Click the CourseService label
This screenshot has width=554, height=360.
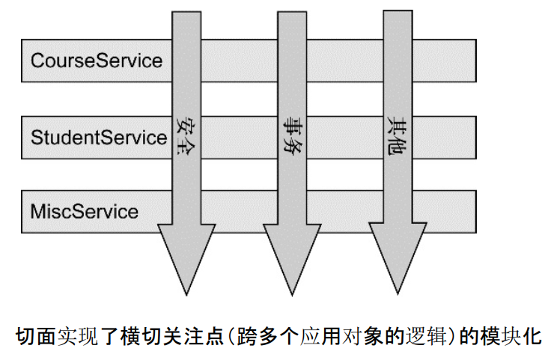tap(97, 60)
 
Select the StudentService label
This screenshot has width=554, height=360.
tap(98, 137)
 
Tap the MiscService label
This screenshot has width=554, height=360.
tap(85, 211)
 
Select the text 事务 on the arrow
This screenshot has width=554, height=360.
tap(291, 133)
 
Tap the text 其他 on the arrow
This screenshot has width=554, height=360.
tap(397, 133)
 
